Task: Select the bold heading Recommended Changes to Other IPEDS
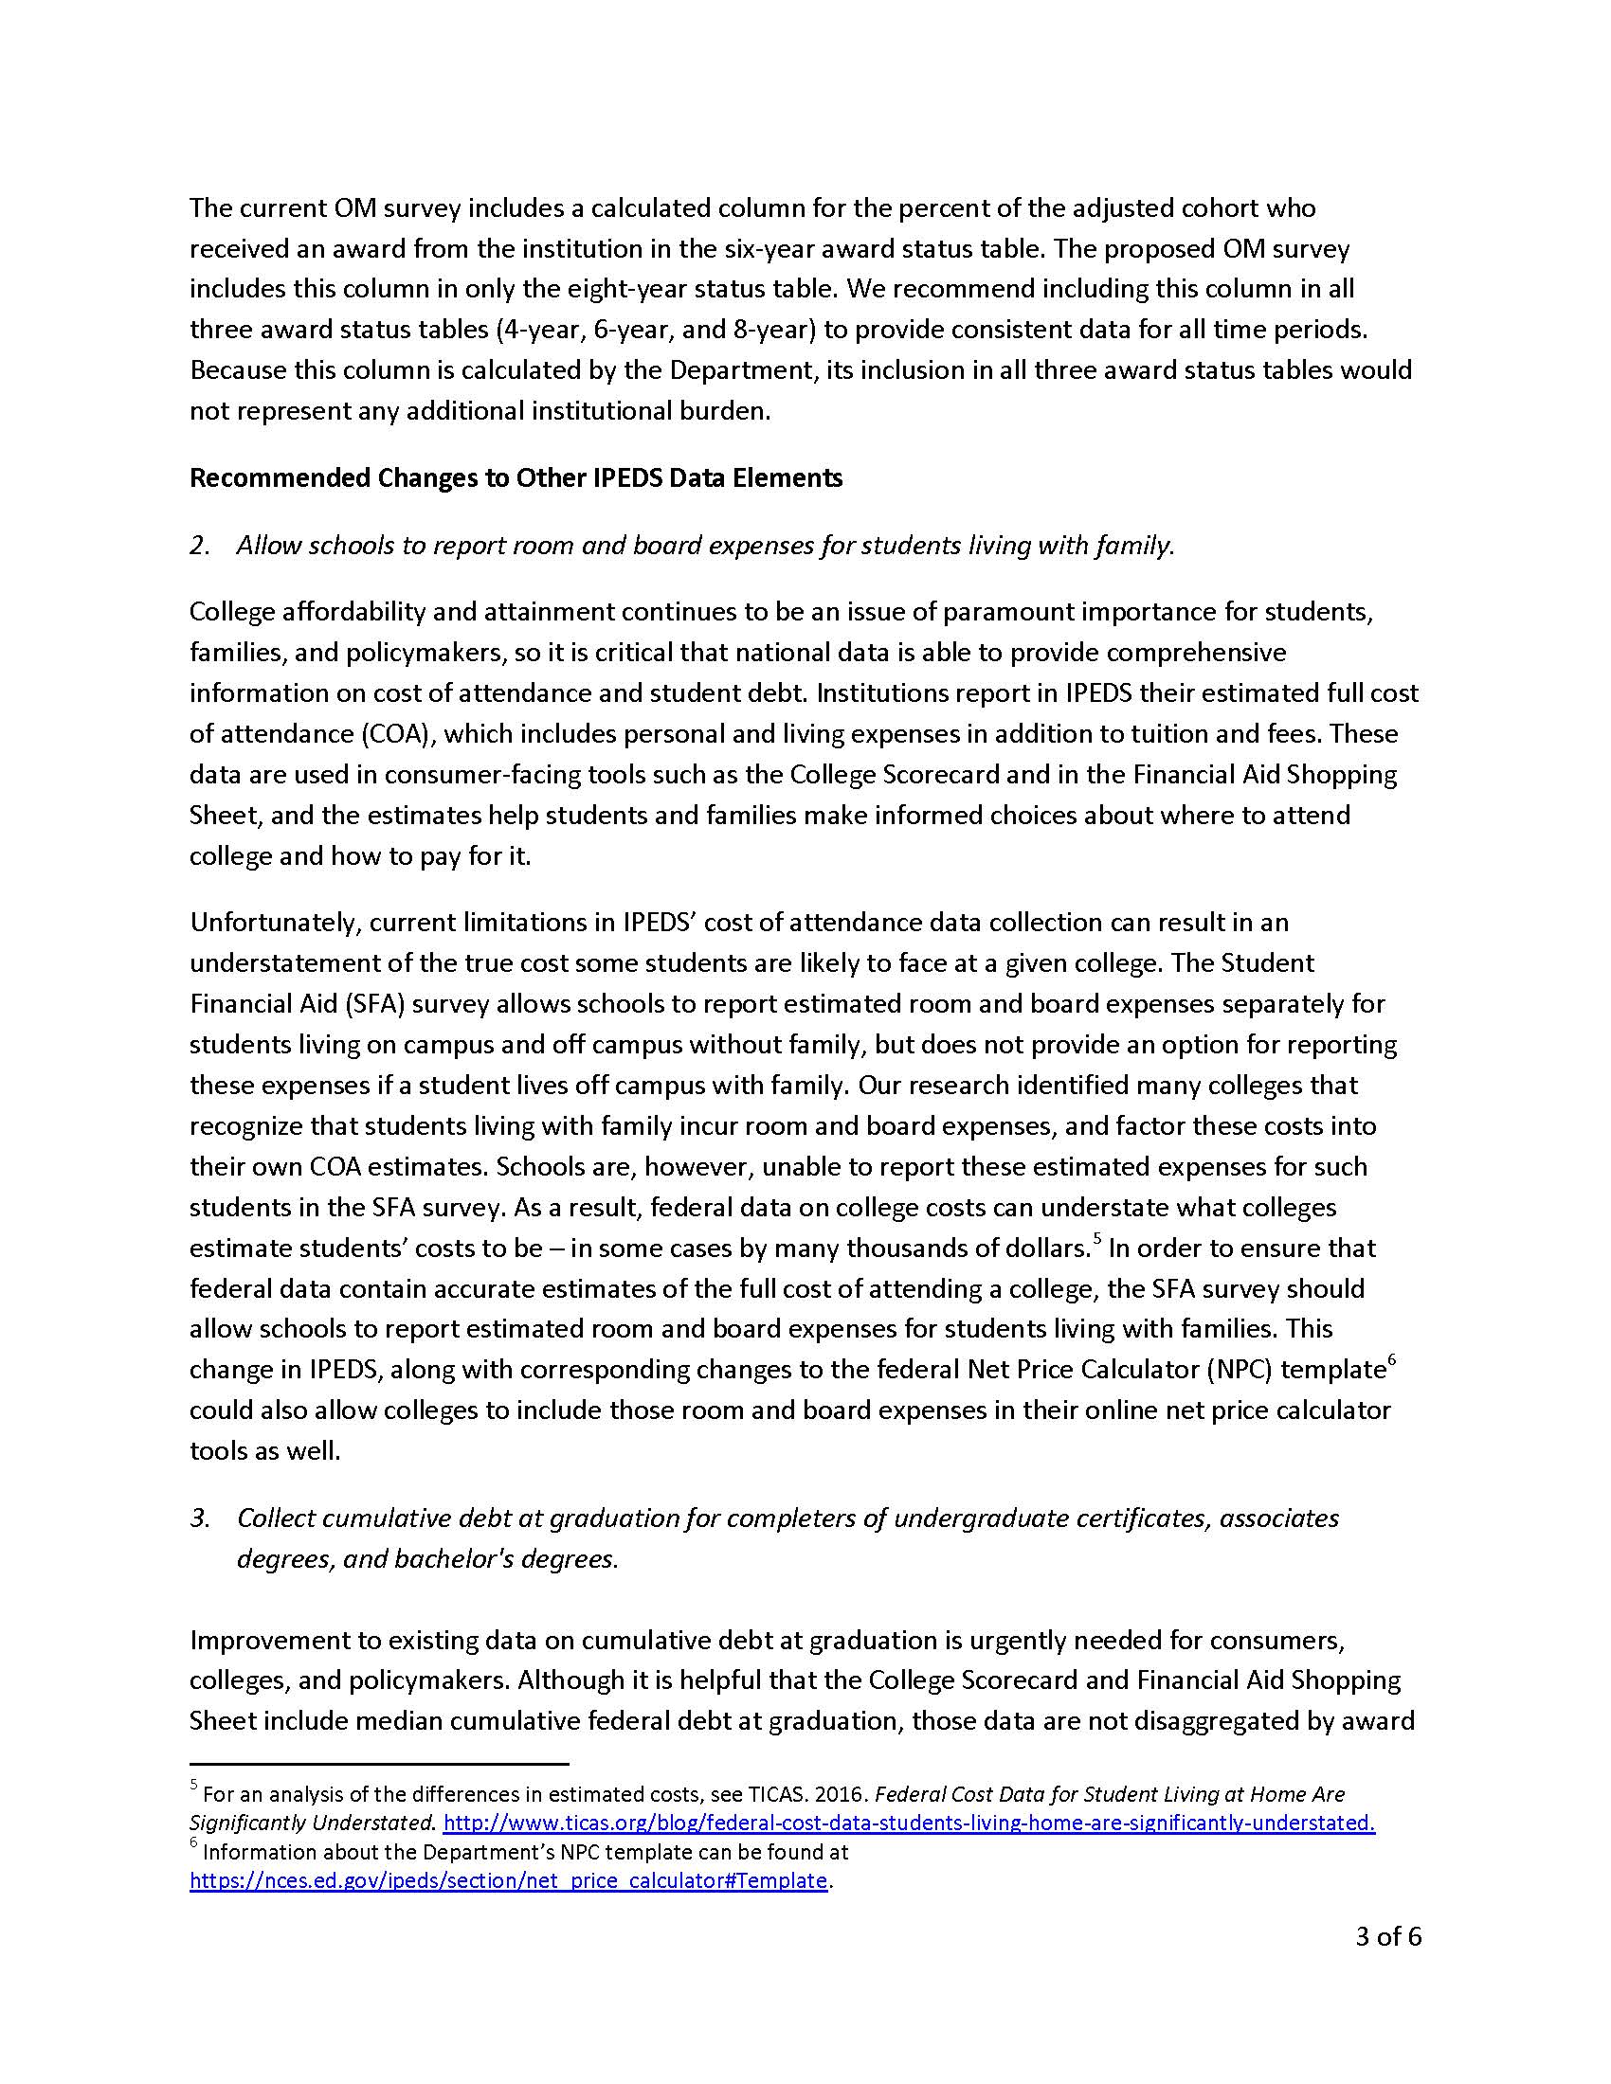tap(516, 477)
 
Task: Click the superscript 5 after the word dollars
tap(1097, 1240)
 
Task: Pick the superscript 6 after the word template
tap(1391, 1360)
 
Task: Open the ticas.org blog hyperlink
tap(909, 1823)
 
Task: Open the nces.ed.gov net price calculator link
tap(508, 1880)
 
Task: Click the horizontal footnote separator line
tap(379, 1764)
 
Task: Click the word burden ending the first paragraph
tap(724, 411)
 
